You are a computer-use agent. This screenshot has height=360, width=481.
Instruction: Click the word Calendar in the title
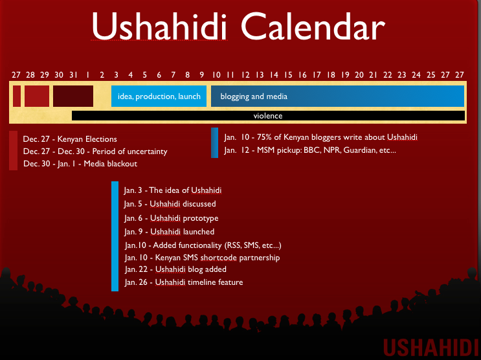[x=313, y=27]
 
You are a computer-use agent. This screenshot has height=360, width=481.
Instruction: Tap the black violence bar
[x=268, y=116]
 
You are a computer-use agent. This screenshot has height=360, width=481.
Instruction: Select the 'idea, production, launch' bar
[x=159, y=96]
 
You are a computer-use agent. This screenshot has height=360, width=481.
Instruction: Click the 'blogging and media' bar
[x=337, y=96]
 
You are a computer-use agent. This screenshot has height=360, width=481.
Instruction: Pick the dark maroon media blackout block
[x=73, y=96]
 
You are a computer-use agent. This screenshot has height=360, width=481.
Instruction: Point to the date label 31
[x=73, y=75]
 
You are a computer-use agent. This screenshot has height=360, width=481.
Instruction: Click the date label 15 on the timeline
[x=288, y=75]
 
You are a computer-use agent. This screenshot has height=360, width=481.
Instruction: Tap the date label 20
[x=359, y=75]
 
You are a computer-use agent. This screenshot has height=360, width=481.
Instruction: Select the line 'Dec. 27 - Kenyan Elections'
[x=70, y=139]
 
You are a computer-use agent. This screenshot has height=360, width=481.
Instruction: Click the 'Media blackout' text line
[x=80, y=164]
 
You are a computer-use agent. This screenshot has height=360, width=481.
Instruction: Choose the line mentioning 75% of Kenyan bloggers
[x=320, y=137]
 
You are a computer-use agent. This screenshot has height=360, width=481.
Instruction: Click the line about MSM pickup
[x=310, y=150]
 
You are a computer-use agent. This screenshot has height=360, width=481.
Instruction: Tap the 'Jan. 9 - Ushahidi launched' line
[x=170, y=232]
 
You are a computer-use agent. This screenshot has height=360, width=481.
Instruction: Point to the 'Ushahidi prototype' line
[x=172, y=218]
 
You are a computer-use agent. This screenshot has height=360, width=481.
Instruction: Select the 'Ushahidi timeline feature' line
[x=184, y=282]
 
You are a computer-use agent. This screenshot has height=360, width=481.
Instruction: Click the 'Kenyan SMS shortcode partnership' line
[x=203, y=258]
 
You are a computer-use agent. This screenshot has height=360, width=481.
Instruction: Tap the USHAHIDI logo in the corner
[x=431, y=348]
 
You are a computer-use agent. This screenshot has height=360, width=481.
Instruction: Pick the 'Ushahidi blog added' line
[x=176, y=269]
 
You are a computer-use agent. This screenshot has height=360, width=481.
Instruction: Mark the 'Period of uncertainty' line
[x=95, y=152]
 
